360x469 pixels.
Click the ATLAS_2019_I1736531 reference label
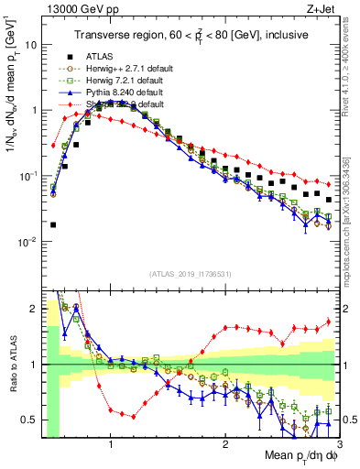(191, 273)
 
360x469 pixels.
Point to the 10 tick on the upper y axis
(31, 44)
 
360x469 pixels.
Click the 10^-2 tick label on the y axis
(28, 242)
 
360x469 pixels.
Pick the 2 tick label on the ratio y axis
(34, 309)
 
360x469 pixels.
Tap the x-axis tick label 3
(338, 444)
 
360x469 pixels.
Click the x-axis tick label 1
(111, 444)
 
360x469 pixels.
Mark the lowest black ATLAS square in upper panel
(52, 224)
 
